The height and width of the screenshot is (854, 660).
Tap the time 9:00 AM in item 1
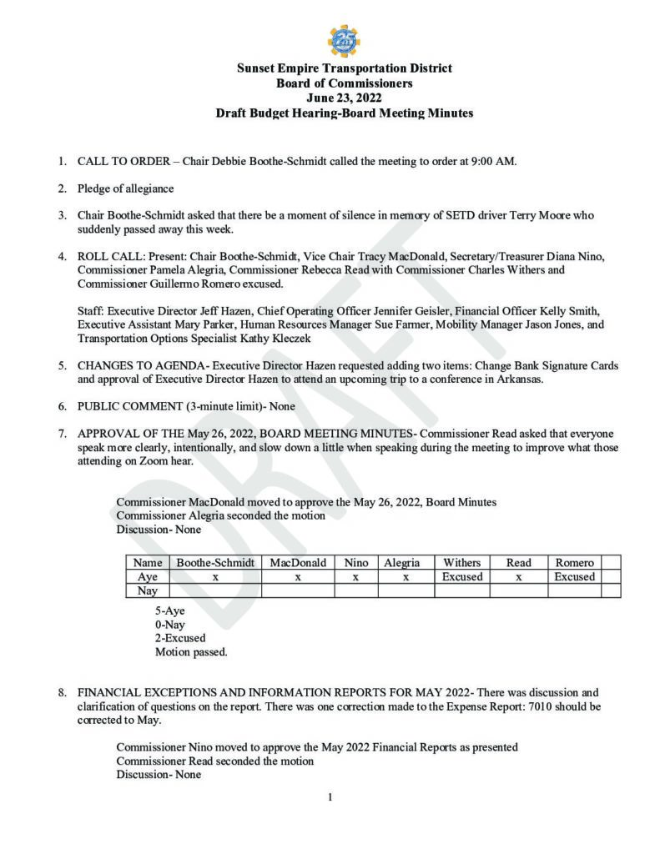pos(494,161)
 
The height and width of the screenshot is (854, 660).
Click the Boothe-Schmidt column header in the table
pos(215,563)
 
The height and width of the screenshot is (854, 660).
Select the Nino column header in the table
pos(356,563)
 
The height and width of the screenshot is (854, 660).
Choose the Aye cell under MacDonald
pos(298,577)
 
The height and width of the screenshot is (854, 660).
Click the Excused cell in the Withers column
pos(461,577)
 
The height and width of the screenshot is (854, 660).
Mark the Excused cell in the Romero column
pos(574,577)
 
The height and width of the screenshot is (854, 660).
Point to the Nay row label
pos(147,591)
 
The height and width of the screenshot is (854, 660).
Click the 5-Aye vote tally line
pos(170,610)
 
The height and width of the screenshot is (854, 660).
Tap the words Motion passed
pos(191,652)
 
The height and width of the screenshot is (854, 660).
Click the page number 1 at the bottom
pos(330,797)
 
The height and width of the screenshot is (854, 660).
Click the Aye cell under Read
pos(518,577)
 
